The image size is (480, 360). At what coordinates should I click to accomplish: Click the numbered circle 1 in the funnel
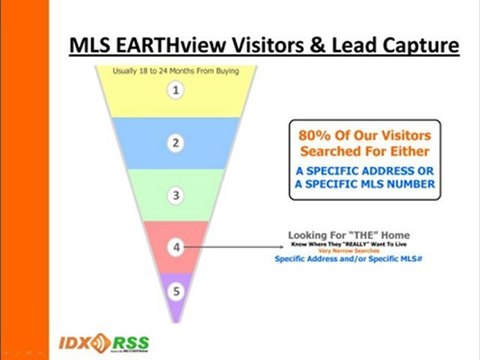176,91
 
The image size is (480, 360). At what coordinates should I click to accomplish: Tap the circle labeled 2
176,143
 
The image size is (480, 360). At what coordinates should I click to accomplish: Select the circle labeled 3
176,195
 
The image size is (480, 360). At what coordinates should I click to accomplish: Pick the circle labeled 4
176,244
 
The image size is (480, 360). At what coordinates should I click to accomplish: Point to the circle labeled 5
176,292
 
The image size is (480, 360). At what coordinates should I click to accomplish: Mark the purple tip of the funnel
176,312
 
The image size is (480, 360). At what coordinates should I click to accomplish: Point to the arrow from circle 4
230,245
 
